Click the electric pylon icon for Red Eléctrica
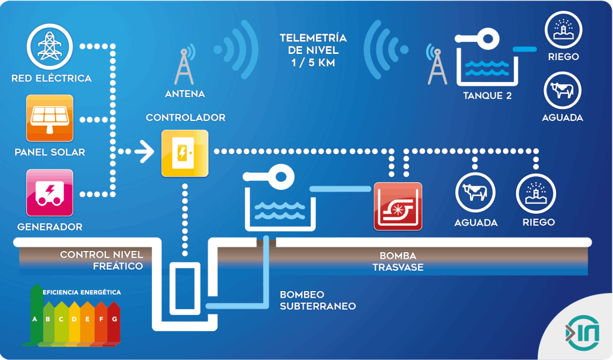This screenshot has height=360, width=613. coord(50,46)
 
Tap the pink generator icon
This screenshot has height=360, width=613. coord(50,192)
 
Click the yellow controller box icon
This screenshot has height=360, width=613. coord(184,153)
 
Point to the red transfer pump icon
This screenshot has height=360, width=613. coord(397,206)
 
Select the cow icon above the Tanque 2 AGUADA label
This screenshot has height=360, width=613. coord(562,90)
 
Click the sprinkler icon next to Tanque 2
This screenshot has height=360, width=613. coord(562,31)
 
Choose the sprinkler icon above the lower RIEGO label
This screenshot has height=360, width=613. coord(536,192)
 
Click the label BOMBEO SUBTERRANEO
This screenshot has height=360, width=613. coord(317,300)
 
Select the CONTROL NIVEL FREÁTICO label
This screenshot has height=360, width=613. coord(101,261)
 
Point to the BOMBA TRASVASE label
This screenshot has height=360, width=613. coord(397,261)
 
